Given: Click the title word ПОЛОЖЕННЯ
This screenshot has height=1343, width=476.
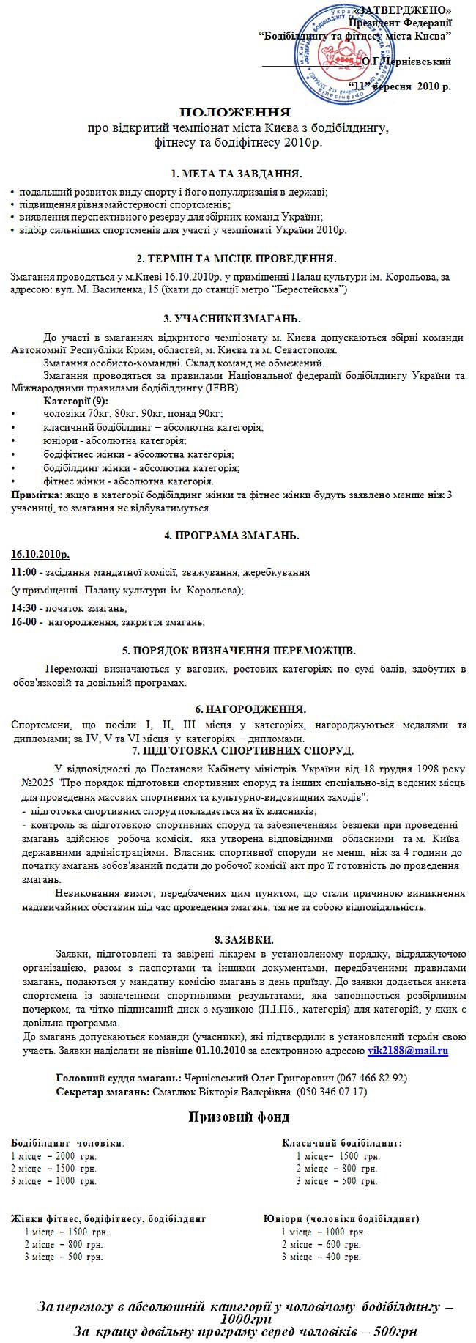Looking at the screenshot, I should pos(235,113).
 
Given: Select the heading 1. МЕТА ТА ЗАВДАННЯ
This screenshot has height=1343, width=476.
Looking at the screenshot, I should pos(236,174).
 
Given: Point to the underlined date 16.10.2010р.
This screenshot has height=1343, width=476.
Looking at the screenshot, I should pos(41,554).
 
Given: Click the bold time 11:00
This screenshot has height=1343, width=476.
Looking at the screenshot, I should pos(23,572).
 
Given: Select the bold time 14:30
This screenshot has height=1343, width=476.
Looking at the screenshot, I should pos(23,608).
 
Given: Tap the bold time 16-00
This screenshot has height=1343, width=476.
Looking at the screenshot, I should pos(23,622).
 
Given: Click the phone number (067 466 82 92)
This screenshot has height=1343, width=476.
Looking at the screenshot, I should pos(373,1078).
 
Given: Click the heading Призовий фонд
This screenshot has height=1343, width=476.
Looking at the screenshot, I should pos(239,1117).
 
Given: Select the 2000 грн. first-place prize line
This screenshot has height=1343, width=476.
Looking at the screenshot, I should pos(55,1155).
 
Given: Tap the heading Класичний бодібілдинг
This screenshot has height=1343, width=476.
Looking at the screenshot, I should pos(341,1142).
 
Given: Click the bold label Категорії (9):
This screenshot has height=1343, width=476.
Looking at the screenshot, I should pos(75,401).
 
